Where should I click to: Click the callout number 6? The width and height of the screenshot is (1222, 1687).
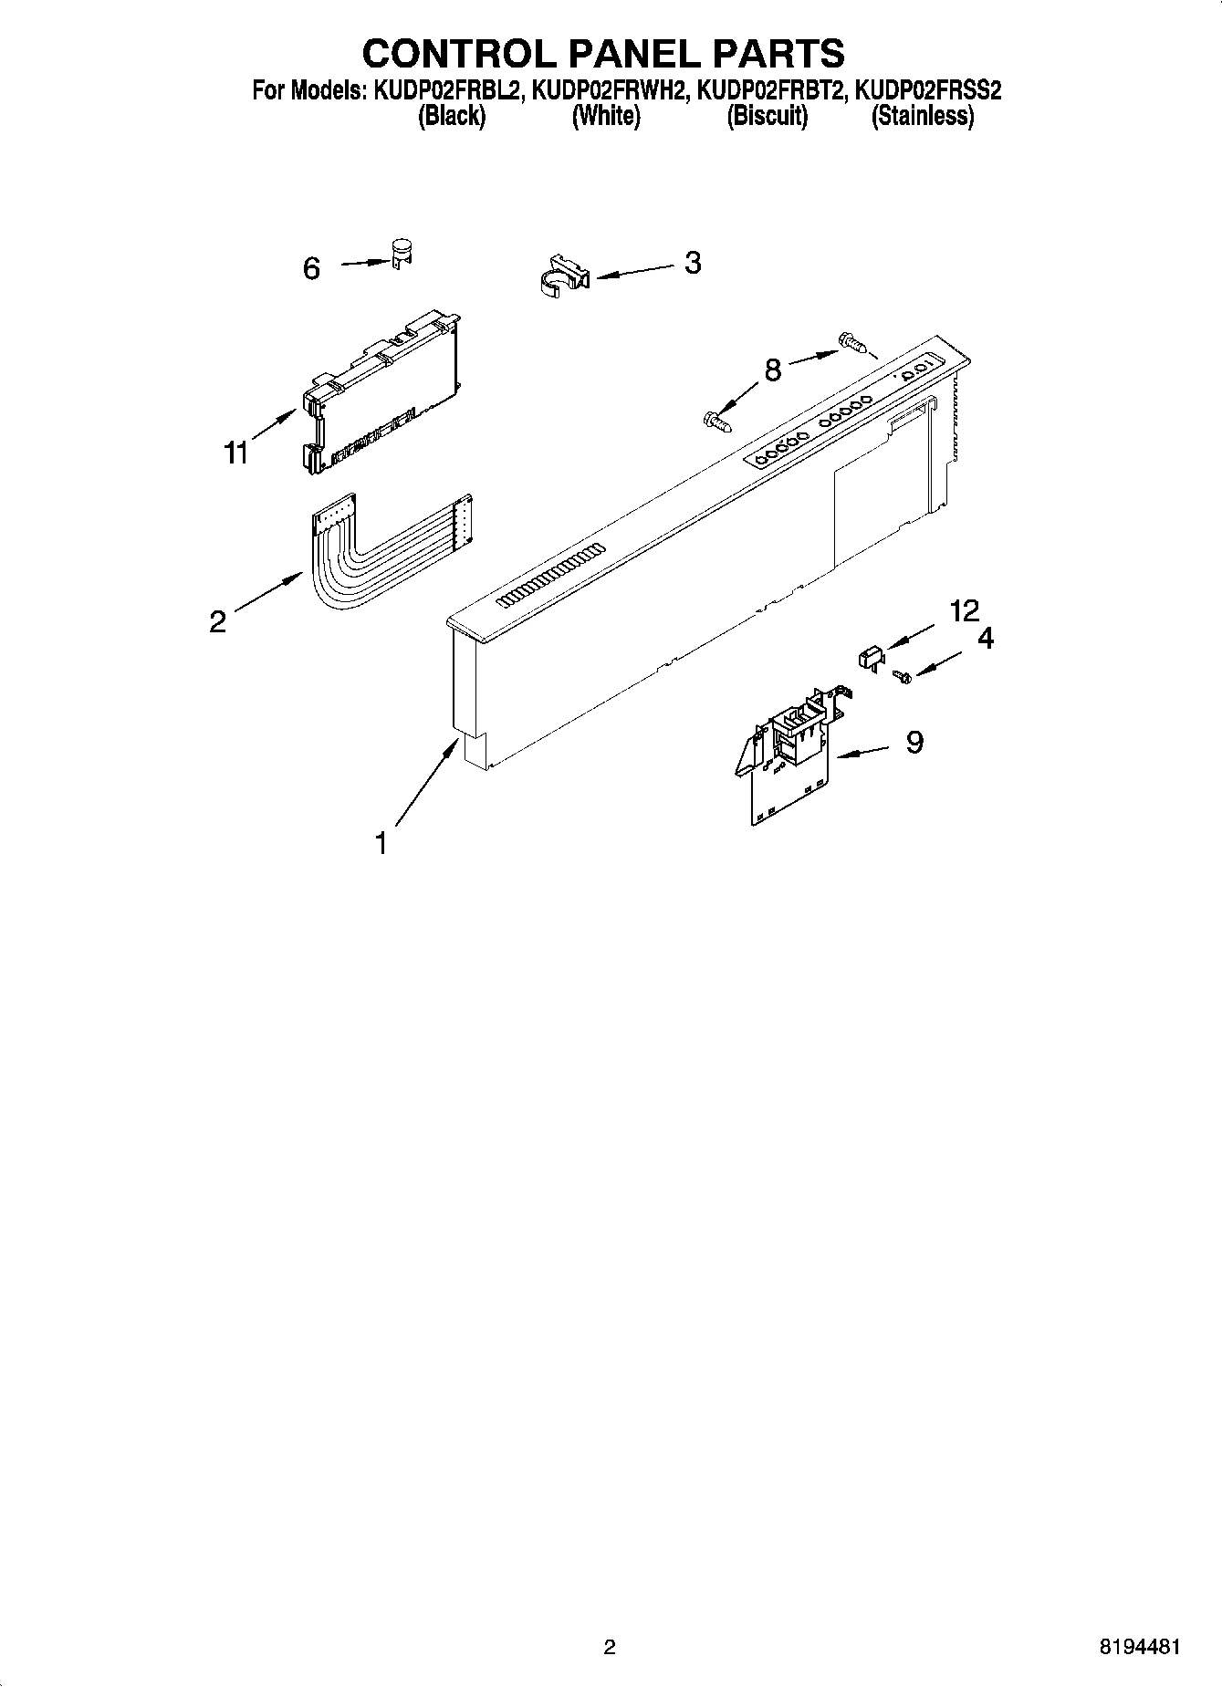click(311, 268)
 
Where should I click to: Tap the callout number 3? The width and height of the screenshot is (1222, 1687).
click(693, 263)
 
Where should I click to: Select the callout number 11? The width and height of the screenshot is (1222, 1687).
click(236, 453)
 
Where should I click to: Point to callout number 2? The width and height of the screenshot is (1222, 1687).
click(217, 622)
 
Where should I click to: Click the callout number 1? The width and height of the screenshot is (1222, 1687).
click(381, 843)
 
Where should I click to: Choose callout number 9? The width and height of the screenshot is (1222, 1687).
click(914, 743)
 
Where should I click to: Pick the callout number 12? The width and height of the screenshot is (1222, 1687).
click(964, 610)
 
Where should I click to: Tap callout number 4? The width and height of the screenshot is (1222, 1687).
click(986, 639)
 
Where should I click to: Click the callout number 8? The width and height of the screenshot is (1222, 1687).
click(773, 371)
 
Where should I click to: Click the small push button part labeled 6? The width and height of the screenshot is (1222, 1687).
click(401, 251)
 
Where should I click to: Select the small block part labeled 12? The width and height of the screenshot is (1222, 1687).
click(870, 656)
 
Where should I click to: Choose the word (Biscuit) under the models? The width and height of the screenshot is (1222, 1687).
click(767, 117)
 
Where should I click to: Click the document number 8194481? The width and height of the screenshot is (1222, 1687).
click(1141, 1647)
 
